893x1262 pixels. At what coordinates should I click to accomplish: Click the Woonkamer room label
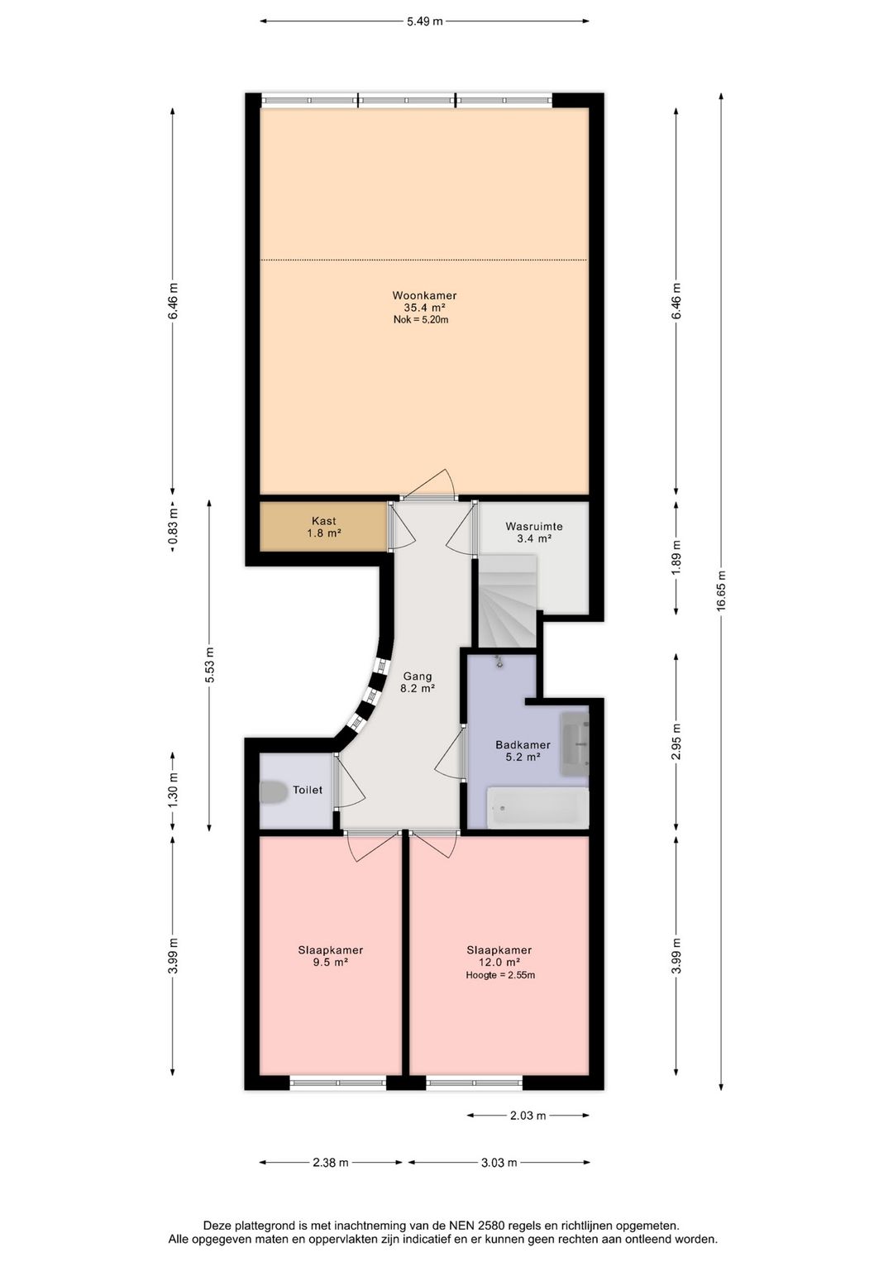click(x=424, y=295)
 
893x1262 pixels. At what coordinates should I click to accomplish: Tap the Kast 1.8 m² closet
click(x=324, y=527)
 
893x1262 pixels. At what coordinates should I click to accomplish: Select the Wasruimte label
click(x=533, y=527)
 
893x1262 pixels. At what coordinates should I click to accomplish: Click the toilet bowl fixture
click(x=273, y=791)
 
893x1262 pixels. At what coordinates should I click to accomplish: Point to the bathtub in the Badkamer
click(x=537, y=808)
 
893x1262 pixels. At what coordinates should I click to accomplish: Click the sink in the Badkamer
click(x=574, y=743)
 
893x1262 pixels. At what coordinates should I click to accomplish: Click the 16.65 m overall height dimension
click(x=720, y=591)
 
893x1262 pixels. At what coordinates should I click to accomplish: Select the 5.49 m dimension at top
click(x=424, y=22)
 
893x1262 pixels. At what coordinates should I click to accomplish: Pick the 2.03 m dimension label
click(x=528, y=1115)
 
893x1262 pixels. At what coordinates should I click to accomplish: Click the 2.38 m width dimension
click(x=331, y=1162)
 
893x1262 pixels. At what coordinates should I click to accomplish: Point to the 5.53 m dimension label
click(x=209, y=665)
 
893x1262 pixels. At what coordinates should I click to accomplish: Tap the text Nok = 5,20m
click(x=421, y=320)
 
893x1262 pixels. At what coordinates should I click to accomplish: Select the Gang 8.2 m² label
click(x=418, y=681)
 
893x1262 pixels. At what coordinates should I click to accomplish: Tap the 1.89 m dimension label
click(x=676, y=557)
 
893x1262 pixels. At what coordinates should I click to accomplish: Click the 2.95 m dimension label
click(x=676, y=741)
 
